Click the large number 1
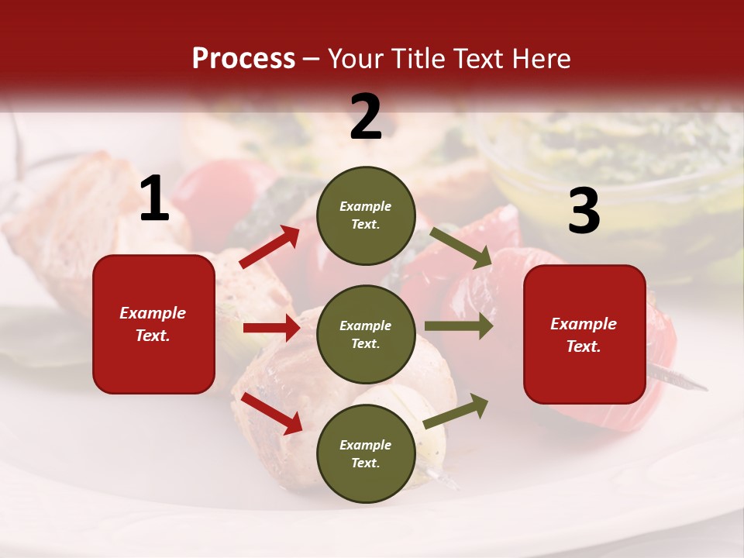[x=154, y=199]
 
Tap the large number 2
[x=366, y=117]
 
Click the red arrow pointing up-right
[x=270, y=247]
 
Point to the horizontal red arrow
[x=271, y=328]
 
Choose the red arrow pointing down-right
[x=271, y=412]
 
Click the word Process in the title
[x=243, y=58]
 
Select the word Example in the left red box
[x=153, y=313]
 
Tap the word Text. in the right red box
[x=584, y=346]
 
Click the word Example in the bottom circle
[x=366, y=445]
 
